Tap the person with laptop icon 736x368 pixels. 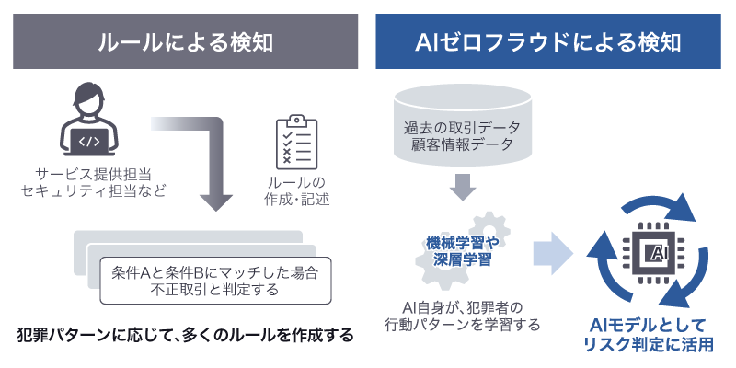[90, 123]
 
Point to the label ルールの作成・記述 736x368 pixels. [296, 190]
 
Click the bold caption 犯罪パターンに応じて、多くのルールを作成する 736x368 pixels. [184, 335]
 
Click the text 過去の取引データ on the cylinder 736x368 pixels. [463, 126]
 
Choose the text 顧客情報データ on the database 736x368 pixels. [463, 144]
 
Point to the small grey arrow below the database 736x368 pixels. [463, 188]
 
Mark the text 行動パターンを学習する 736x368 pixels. [463, 325]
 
